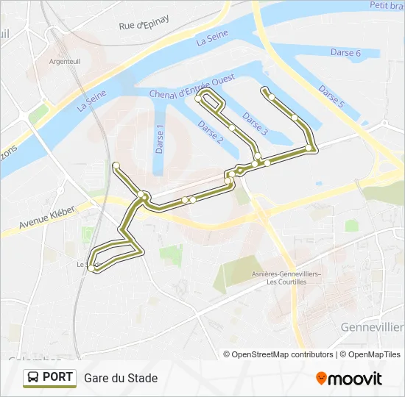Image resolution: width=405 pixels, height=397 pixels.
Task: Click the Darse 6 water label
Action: tap(345, 53)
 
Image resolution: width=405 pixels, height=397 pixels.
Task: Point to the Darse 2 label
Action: tap(210, 132)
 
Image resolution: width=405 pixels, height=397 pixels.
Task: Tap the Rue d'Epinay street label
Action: tap(144, 23)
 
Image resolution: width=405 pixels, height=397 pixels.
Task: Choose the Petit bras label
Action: tap(387, 6)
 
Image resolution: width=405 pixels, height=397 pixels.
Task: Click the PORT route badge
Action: tap(49, 377)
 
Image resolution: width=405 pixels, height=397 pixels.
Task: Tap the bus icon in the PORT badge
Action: tap(33, 378)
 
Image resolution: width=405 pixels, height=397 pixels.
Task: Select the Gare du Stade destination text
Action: tap(121, 378)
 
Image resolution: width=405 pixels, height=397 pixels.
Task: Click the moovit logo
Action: tap(349, 378)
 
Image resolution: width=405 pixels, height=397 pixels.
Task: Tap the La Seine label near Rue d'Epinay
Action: tap(211, 38)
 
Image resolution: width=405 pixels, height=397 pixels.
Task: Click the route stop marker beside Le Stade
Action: tap(91, 268)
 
